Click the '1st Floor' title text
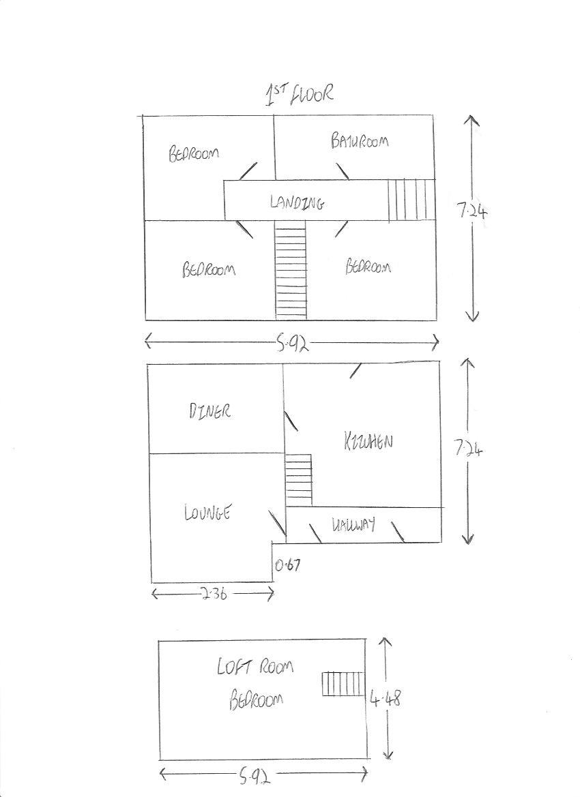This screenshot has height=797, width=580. (x=299, y=95)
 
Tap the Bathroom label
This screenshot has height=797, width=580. (x=360, y=141)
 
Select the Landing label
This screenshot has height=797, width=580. (x=297, y=202)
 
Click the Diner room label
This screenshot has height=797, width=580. (x=209, y=410)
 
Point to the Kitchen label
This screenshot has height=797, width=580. (x=368, y=441)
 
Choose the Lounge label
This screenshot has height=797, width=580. (x=207, y=512)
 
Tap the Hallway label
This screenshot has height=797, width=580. (x=353, y=524)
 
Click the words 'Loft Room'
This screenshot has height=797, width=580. (x=255, y=666)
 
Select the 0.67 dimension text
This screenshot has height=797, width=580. (x=287, y=565)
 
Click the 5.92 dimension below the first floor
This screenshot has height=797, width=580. (x=292, y=344)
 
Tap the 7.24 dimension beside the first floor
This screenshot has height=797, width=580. (x=472, y=210)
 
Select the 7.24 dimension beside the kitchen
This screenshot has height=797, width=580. (x=467, y=449)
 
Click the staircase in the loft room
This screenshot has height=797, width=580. (x=343, y=684)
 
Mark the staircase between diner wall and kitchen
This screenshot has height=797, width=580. (x=298, y=480)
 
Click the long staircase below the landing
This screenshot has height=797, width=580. (x=291, y=270)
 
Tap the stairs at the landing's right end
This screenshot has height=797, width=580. (x=411, y=200)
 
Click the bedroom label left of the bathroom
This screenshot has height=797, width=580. (x=194, y=153)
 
